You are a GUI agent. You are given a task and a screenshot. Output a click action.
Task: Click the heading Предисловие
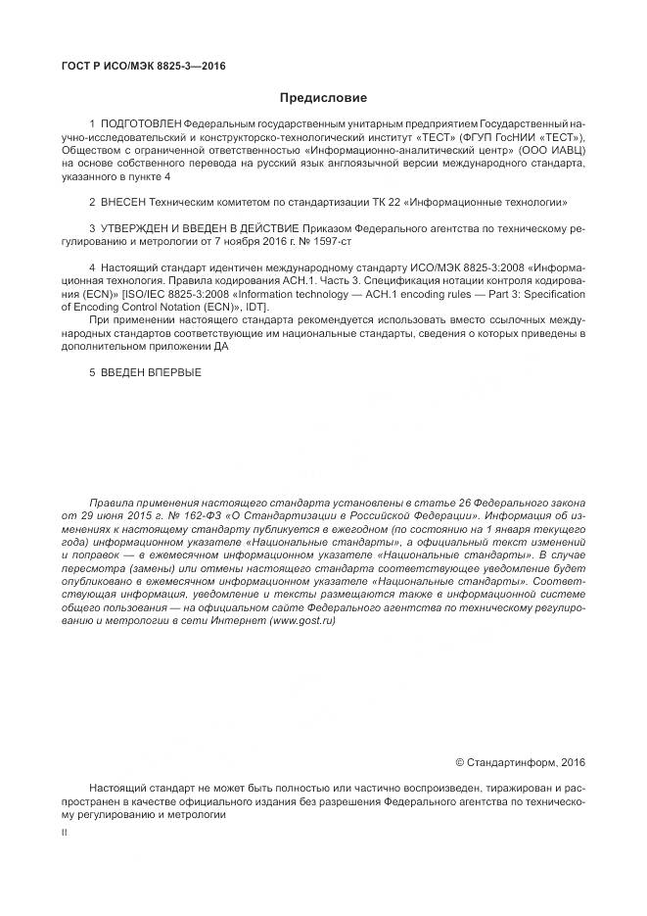click(323, 98)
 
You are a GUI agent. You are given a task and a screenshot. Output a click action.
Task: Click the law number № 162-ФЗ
click(188, 514)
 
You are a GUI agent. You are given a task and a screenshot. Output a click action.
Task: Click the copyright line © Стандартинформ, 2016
click(521, 762)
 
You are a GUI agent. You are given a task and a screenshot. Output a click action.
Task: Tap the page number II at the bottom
click(64, 833)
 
